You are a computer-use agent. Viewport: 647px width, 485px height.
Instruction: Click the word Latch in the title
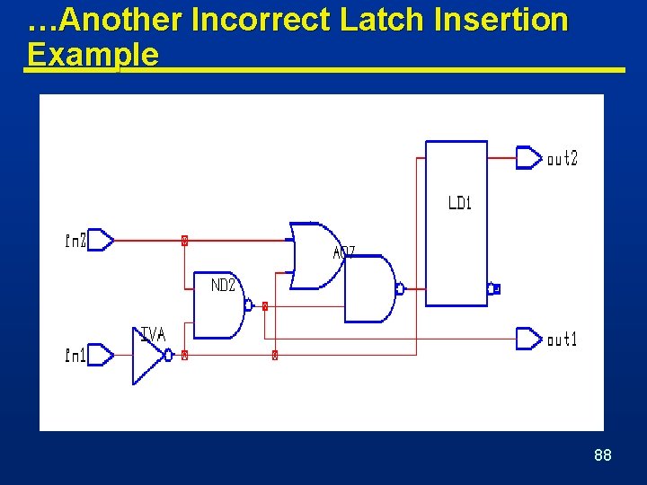(x=378, y=21)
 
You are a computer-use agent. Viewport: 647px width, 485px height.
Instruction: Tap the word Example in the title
(x=93, y=55)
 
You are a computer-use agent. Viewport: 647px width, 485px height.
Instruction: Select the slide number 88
(x=603, y=455)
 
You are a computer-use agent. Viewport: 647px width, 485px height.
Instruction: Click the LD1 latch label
(x=459, y=203)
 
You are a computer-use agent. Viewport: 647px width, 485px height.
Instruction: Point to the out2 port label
(x=563, y=159)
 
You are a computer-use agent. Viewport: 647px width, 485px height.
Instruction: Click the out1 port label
(x=563, y=339)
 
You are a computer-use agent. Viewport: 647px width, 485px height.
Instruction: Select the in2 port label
(x=75, y=241)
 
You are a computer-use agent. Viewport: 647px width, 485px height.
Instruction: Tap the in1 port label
(x=75, y=357)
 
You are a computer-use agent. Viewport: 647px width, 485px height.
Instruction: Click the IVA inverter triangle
(x=146, y=356)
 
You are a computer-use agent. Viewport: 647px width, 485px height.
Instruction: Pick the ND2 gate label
(x=223, y=286)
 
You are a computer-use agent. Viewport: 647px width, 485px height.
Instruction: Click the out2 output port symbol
(x=528, y=158)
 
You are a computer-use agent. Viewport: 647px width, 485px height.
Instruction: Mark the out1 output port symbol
(x=528, y=339)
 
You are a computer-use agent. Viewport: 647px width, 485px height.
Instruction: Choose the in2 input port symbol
(x=101, y=240)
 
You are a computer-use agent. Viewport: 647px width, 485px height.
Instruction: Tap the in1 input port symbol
(x=101, y=356)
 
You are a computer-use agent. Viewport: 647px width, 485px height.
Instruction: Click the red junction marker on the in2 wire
(x=184, y=241)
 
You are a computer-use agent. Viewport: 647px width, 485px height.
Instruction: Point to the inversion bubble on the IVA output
(x=169, y=356)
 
